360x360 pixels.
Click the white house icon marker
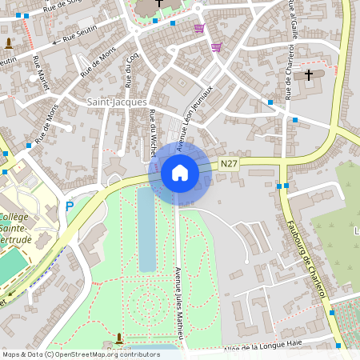tap(180, 173)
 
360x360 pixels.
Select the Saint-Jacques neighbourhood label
tap(117, 102)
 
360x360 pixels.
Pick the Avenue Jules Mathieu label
tap(178, 304)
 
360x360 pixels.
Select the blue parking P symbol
tap(70, 206)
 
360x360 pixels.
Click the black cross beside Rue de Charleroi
tap(309, 75)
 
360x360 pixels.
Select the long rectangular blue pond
tap(147, 230)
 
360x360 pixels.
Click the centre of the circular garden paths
tap(146, 302)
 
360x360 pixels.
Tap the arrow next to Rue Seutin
tap(54, 41)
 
